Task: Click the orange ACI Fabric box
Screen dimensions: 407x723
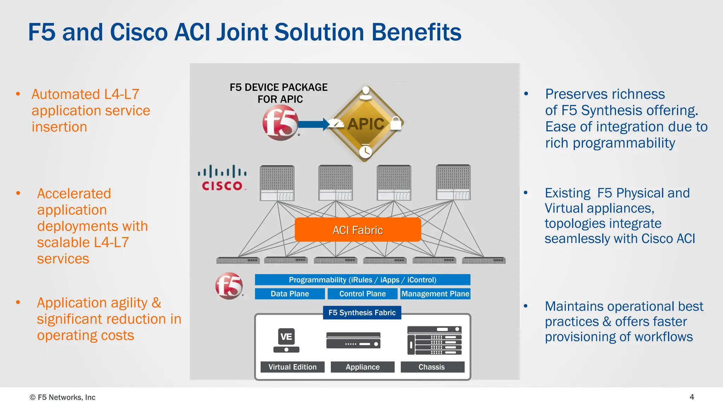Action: [x=358, y=230]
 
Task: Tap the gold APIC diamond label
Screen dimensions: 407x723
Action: [x=366, y=124]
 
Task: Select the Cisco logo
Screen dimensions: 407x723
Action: [x=222, y=178]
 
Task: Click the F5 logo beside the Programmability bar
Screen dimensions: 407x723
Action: [x=229, y=286]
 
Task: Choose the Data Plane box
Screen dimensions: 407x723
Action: [x=289, y=294]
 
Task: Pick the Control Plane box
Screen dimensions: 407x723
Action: [x=362, y=294]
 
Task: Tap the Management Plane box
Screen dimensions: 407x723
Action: [x=435, y=294]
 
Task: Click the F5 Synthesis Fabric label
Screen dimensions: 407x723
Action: [x=362, y=313]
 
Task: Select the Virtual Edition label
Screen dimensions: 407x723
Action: [x=292, y=367]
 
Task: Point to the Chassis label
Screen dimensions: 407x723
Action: [x=432, y=367]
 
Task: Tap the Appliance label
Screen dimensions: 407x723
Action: [x=363, y=367]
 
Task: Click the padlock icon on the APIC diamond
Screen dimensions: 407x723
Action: [x=396, y=123]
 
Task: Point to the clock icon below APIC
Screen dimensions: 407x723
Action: [x=365, y=151]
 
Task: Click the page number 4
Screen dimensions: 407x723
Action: [x=692, y=397]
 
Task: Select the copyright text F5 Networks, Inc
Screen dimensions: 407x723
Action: [x=63, y=397]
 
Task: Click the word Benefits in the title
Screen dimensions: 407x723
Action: [x=416, y=32]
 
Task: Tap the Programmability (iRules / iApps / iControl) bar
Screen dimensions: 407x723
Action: [x=363, y=280]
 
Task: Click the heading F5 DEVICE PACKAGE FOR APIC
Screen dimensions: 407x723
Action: [x=279, y=93]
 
